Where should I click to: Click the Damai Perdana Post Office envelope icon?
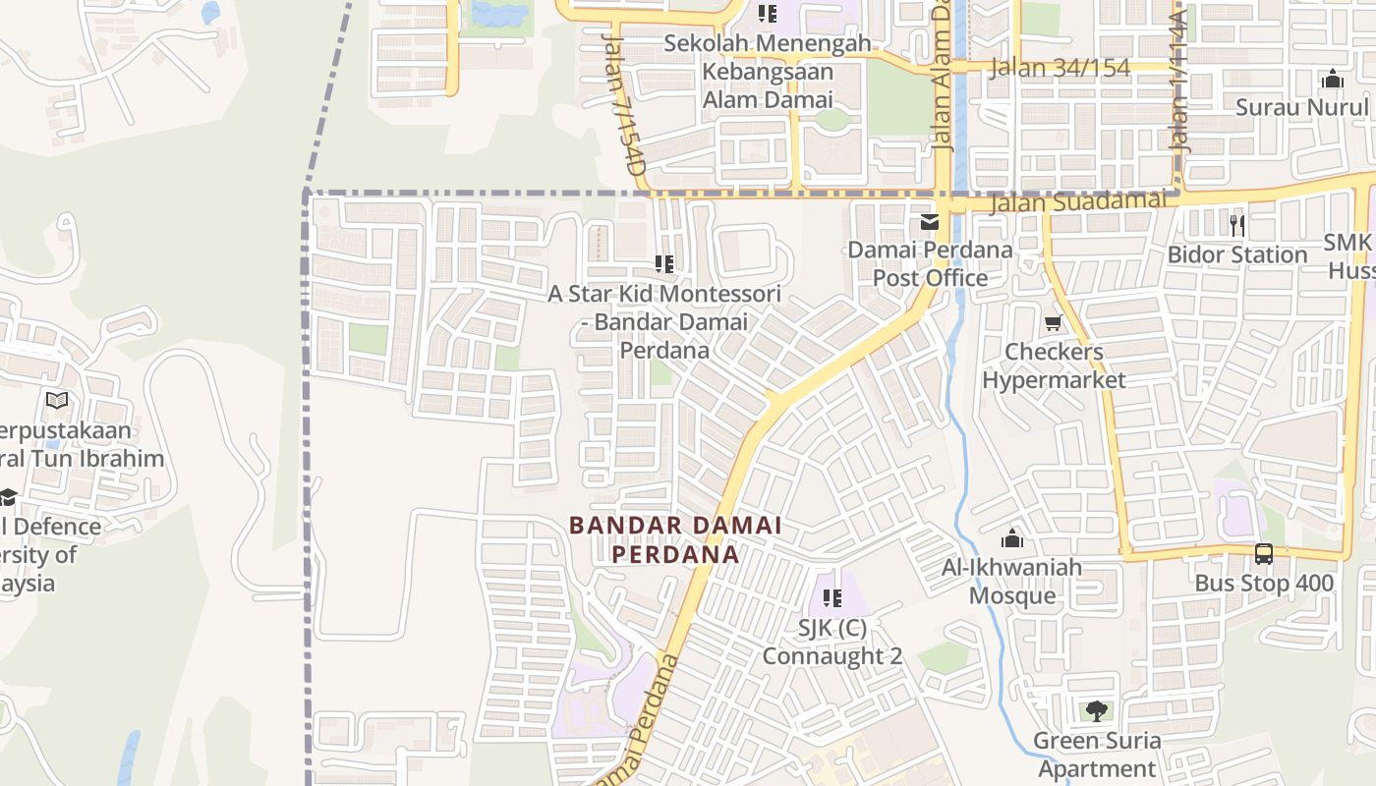(x=930, y=223)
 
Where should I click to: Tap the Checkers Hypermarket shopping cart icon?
(x=1054, y=323)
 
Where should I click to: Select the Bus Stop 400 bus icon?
(x=1264, y=554)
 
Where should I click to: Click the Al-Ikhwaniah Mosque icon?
(x=1012, y=538)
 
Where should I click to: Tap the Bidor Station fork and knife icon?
(x=1237, y=226)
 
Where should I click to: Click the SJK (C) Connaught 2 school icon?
(x=832, y=597)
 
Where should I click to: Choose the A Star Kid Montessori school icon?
(x=664, y=263)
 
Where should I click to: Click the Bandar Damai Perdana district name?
(x=675, y=539)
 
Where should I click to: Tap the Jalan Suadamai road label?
(x=1079, y=201)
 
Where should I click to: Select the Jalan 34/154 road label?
(x=1061, y=68)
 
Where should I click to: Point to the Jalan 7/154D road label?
(x=623, y=103)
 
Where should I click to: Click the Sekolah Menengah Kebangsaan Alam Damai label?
(x=768, y=72)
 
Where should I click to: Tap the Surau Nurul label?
(x=1301, y=107)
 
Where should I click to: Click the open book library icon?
(x=58, y=400)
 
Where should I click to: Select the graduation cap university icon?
(x=8, y=497)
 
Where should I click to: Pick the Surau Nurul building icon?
(x=1333, y=79)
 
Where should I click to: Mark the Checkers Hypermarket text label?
(x=1054, y=365)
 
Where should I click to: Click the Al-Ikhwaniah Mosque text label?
(x=1012, y=581)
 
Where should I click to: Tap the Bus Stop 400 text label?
(x=1264, y=584)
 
